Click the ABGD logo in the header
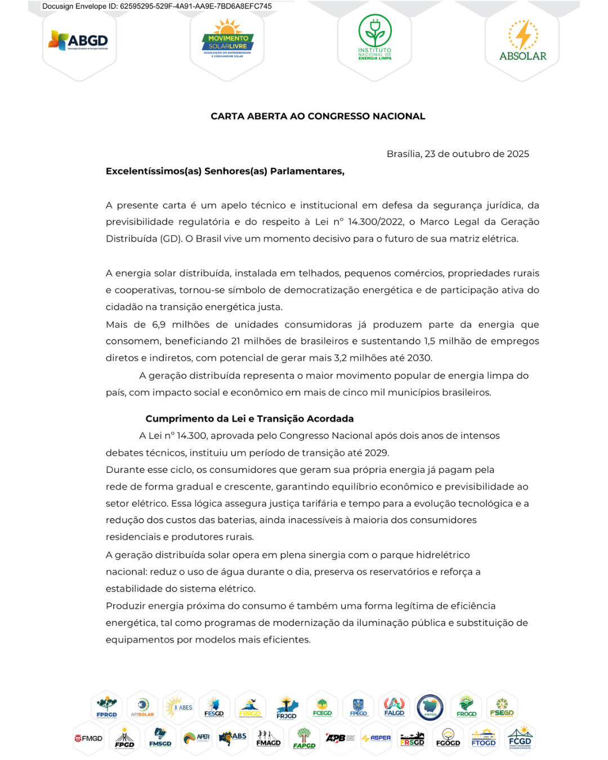tap(79, 41)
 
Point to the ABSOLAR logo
tap(522, 41)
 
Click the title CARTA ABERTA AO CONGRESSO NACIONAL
tap(318, 117)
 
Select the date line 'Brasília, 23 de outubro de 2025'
tap(458, 154)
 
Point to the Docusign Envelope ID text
tap(157, 6)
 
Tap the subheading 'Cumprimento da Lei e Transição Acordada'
tap(249, 418)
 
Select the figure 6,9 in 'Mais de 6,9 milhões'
tap(159, 324)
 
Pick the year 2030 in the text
tap(420, 358)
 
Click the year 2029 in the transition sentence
tap(377, 453)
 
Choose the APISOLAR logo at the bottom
tap(142, 707)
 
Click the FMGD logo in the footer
tap(89, 738)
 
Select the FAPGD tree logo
tap(304, 738)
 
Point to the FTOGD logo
tap(484, 738)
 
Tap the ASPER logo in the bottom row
tap(377, 738)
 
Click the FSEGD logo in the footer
tap(502, 707)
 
